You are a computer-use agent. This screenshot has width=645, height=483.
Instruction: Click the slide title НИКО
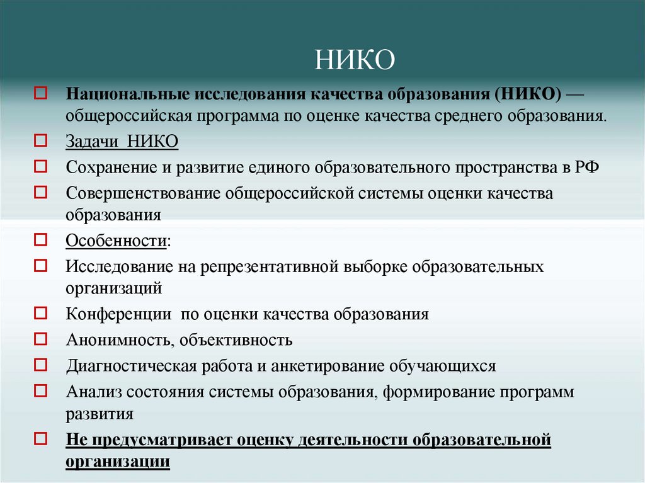pos(355,61)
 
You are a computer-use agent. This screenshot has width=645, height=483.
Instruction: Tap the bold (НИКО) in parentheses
pos(528,94)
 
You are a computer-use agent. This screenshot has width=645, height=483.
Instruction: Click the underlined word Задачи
pos(93,141)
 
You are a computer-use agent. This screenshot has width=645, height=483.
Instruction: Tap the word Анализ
pos(94,392)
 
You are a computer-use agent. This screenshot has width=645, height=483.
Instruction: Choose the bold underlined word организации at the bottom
pos(118,461)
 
